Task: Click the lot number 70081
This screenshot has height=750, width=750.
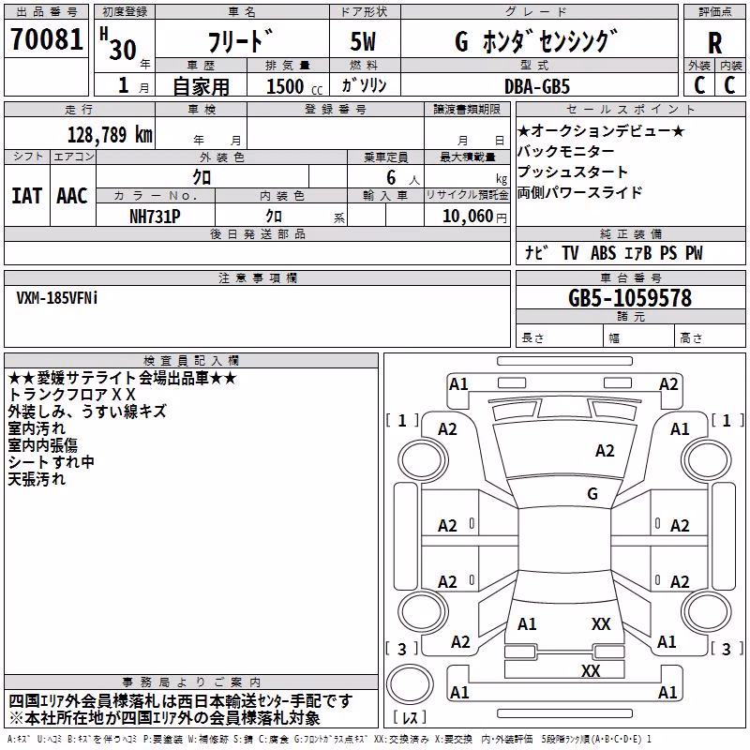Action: (47, 39)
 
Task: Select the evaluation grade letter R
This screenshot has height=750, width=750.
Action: (714, 43)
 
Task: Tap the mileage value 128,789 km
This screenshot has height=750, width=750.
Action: (110, 135)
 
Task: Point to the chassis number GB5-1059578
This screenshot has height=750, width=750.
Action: (630, 297)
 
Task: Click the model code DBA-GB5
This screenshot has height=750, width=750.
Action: (537, 86)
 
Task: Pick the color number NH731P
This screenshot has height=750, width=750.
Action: (155, 217)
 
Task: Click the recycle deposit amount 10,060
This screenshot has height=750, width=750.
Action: (468, 217)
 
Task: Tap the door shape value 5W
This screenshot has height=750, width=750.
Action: (363, 41)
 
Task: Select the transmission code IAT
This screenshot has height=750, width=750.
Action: (27, 196)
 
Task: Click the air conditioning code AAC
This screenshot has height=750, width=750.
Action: (72, 196)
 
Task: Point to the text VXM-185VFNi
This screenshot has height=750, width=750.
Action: (57, 298)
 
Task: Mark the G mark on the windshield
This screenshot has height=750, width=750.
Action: (592, 493)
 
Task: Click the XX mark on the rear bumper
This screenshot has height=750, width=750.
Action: (591, 670)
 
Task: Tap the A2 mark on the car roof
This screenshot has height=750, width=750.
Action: (605, 451)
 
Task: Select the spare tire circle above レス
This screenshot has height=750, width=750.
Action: (410, 684)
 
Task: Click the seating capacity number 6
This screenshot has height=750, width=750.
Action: (391, 177)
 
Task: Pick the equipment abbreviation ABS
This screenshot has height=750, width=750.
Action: (603, 253)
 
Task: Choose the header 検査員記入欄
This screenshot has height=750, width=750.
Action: (191, 361)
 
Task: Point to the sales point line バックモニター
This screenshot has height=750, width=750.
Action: (566, 151)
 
